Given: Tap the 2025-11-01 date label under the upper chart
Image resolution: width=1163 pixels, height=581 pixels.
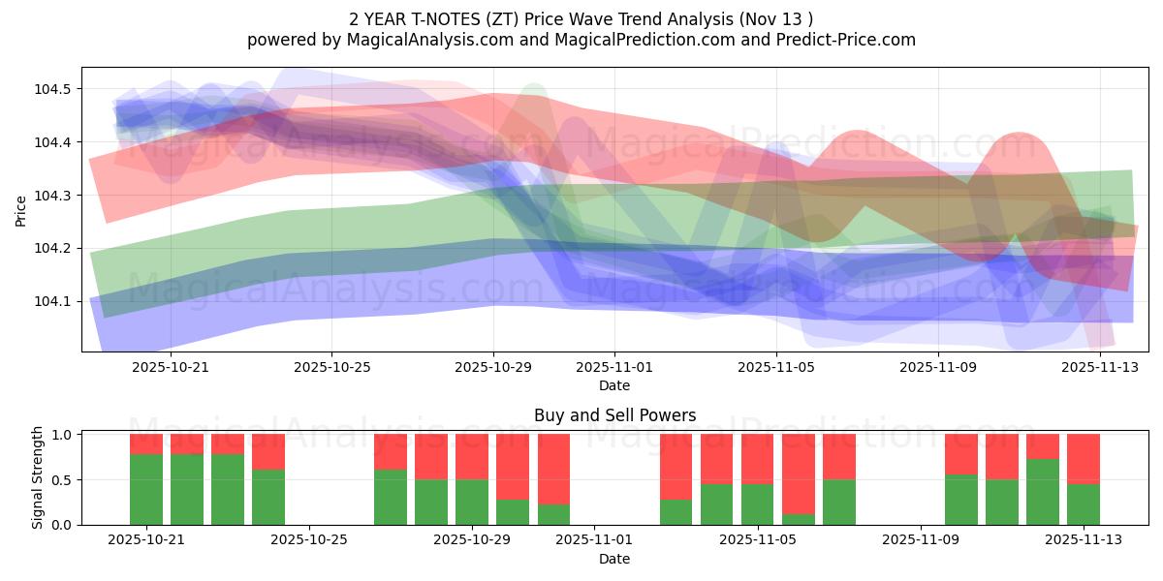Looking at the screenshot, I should tap(614, 367).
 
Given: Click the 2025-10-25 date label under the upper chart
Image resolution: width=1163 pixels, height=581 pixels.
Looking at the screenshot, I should tap(331, 367).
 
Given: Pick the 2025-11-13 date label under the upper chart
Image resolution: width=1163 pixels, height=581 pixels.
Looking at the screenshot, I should tap(1099, 367).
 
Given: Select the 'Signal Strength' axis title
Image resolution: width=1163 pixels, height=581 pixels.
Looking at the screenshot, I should tap(37, 477).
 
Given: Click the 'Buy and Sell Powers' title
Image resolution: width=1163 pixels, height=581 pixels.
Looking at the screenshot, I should tap(614, 415).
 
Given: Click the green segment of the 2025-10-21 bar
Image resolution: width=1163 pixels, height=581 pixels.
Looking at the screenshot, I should tap(146, 489).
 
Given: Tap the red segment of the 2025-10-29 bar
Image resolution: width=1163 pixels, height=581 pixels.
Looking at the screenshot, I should tap(472, 456).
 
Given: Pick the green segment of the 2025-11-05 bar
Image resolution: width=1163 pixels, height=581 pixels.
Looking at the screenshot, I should tap(758, 505).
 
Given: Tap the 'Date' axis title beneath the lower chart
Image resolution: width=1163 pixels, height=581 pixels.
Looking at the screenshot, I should tap(614, 559).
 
